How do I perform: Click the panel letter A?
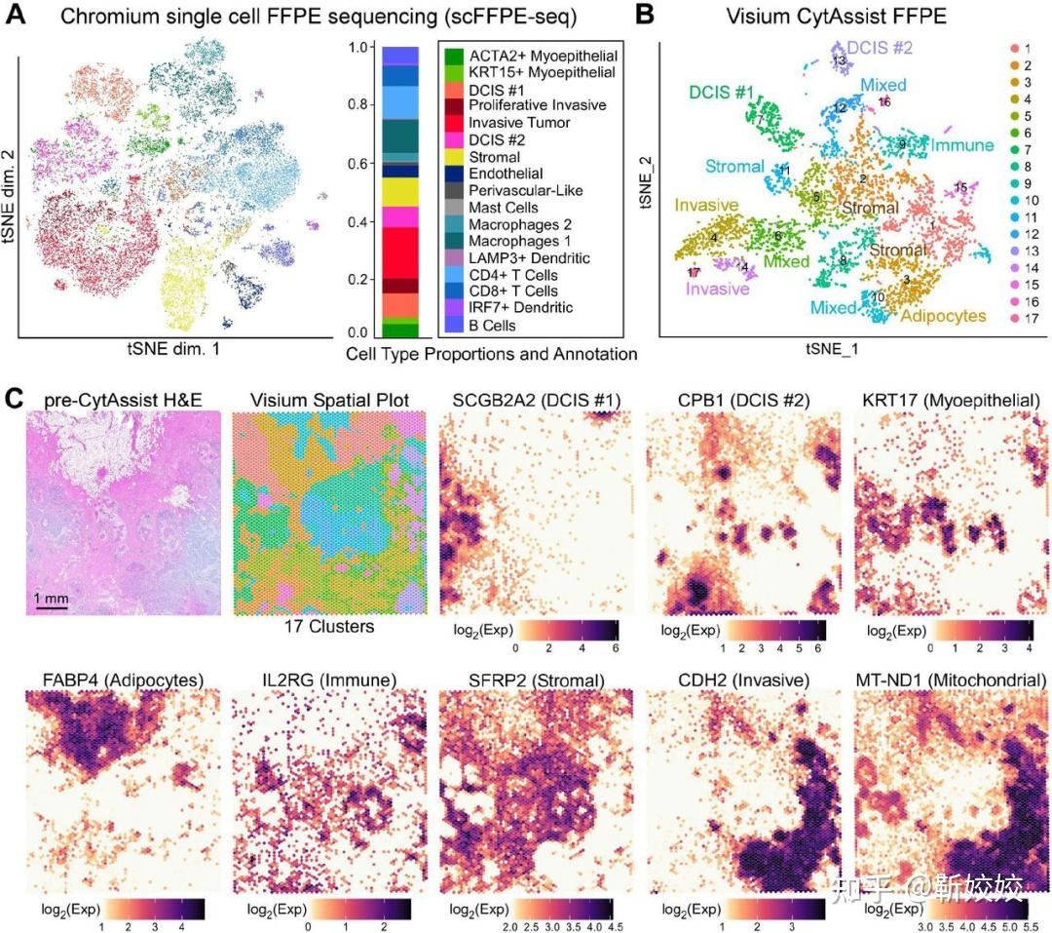pyautogui.click(x=17, y=17)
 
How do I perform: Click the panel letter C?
pyautogui.click(x=16, y=398)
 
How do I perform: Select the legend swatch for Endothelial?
pyautogui.click(x=453, y=174)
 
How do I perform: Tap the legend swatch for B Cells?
pyautogui.click(x=453, y=326)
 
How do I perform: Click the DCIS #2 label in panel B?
pyautogui.click(x=879, y=46)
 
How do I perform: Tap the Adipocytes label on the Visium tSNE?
pyautogui.click(x=944, y=315)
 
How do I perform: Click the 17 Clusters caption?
pyautogui.click(x=327, y=627)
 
